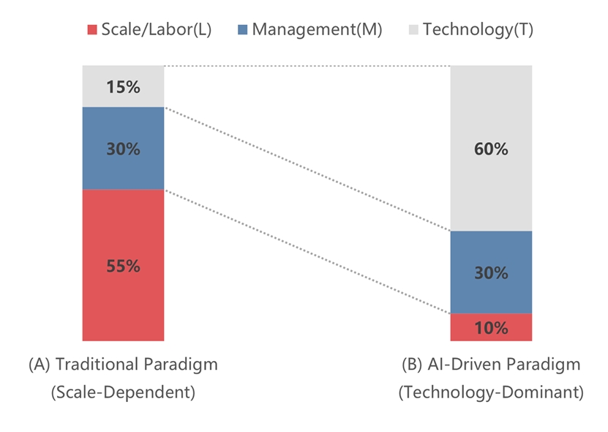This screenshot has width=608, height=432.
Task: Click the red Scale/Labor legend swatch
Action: tap(92, 30)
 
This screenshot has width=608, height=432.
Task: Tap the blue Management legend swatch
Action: tap(243, 30)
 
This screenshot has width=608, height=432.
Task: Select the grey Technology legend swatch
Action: tap(413, 30)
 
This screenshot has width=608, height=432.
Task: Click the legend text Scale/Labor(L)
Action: tap(157, 30)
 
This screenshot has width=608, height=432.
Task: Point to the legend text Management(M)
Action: tap(316, 30)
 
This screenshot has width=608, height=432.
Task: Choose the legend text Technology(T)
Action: tap(478, 30)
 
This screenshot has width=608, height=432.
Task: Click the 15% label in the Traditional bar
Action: tap(123, 87)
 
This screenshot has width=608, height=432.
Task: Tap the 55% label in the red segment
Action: tap(123, 266)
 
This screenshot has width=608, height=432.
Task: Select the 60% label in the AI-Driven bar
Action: tap(491, 149)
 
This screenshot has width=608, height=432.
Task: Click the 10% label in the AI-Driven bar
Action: tap(491, 328)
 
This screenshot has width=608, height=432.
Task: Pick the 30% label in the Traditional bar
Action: tap(123, 149)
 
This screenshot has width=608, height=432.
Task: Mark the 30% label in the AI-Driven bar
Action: tap(491, 272)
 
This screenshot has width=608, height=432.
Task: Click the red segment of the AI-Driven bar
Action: tap(468, 328)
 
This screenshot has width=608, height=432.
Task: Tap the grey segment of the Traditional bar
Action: tap(99, 87)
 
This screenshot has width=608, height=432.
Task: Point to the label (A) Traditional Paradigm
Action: tap(123, 364)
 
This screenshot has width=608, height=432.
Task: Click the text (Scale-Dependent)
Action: tap(123, 392)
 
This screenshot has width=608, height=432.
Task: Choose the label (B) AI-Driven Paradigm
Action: tap(491, 364)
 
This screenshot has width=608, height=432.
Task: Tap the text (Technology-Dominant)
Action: tap(491, 392)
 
